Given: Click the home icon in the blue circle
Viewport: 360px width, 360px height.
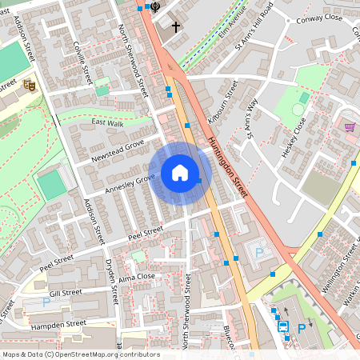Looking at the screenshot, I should click(180, 173).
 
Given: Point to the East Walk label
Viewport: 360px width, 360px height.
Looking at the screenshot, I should click(107, 123).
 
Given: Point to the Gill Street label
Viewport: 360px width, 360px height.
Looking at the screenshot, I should click(66, 294).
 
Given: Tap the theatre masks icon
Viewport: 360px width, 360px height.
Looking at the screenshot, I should click(30, 84).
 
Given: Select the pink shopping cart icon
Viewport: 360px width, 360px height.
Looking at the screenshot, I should click(350, 126).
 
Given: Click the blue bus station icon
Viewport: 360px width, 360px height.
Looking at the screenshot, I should click(282, 326).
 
